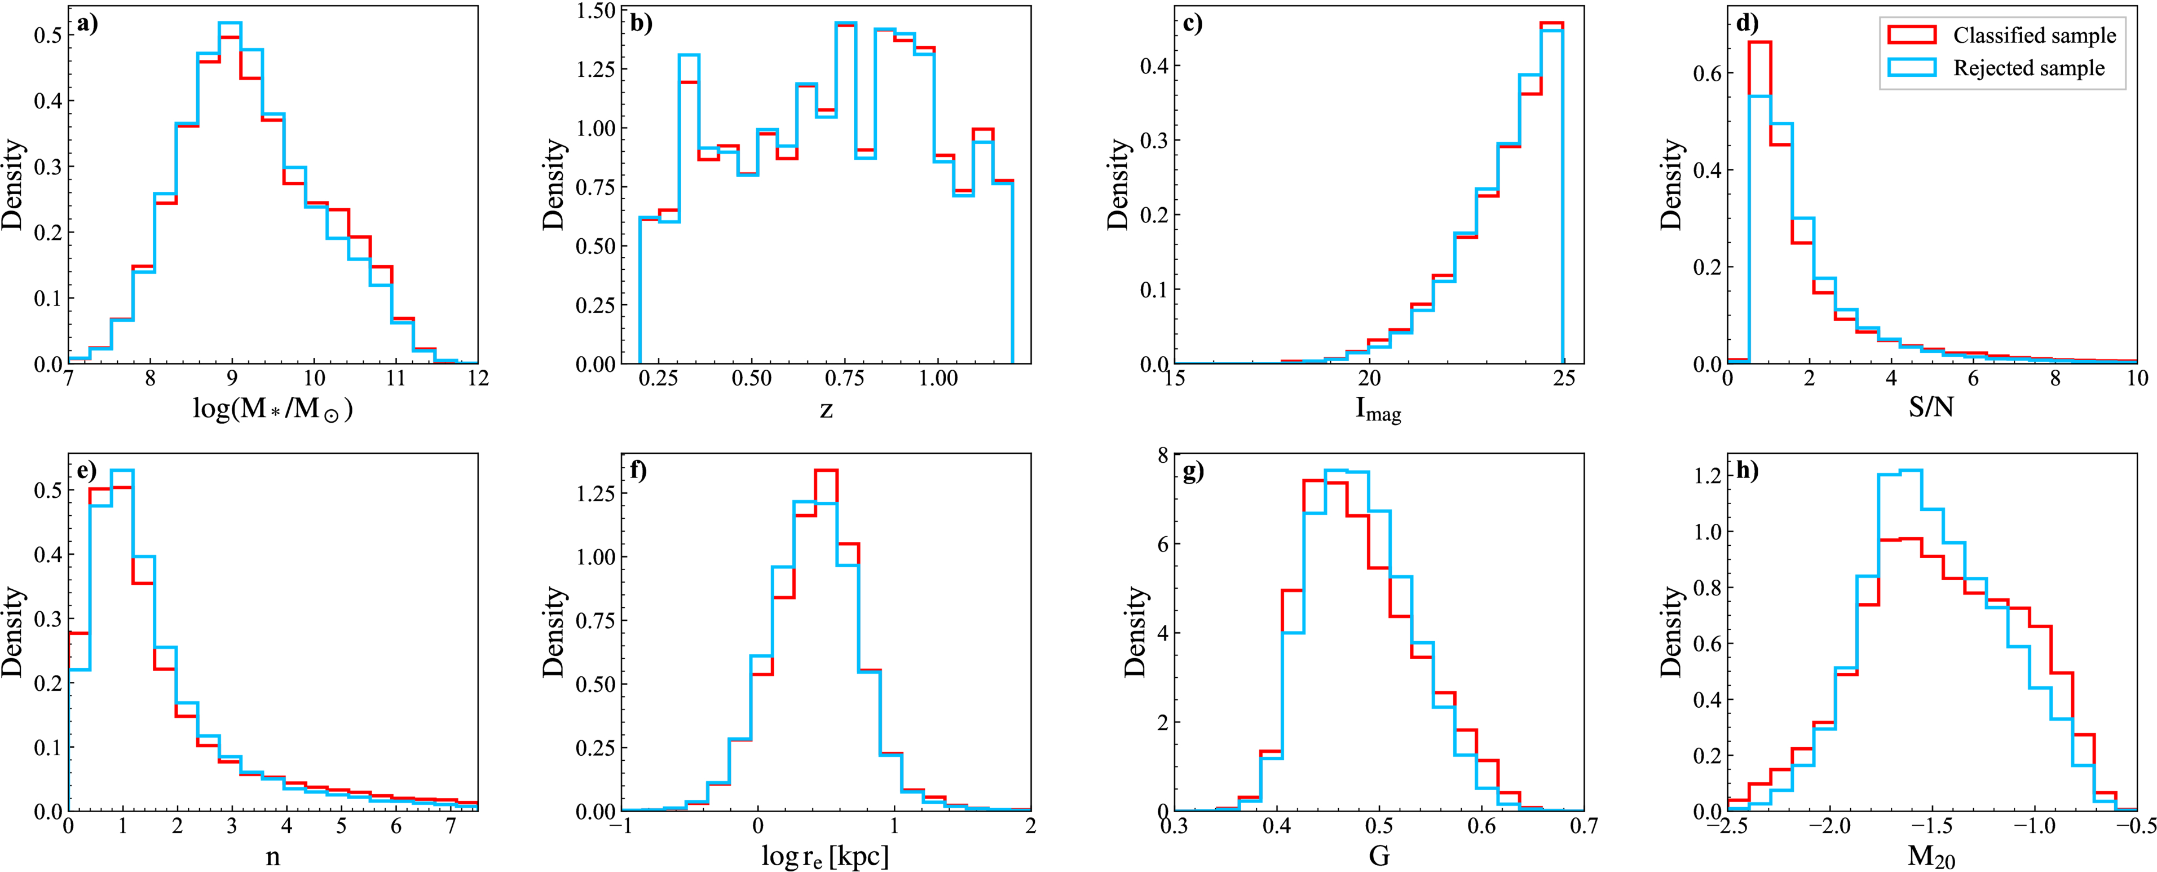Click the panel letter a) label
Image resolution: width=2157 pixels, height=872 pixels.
[x=87, y=24]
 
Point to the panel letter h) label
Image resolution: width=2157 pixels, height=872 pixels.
[x=1746, y=471]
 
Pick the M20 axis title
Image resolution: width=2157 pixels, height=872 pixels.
[x=1931, y=856]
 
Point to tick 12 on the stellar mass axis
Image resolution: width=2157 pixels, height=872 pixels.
[x=477, y=379]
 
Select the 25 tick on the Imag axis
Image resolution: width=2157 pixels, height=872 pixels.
[x=1563, y=379]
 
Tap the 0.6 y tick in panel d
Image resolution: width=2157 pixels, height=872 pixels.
[x=1706, y=74]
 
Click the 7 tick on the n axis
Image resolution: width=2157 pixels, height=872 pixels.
[x=451, y=826]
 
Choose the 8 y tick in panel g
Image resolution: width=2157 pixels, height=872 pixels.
[x=1162, y=455]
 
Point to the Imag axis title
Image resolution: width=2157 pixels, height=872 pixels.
[x=1378, y=410]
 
